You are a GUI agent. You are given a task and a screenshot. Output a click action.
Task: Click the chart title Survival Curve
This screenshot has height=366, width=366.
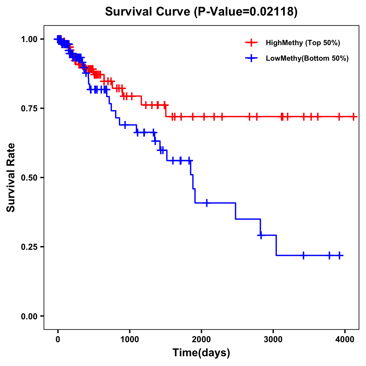pyautogui.click(x=201, y=12)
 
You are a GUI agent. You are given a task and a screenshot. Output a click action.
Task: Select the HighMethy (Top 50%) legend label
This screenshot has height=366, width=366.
pyautogui.click(x=303, y=43)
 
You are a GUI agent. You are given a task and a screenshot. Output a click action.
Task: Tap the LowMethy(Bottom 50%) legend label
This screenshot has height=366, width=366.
pyautogui.click(x=307, y=59)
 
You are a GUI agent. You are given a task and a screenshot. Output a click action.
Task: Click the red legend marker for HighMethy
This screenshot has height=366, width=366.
pyautogui.click(x=251, y=43)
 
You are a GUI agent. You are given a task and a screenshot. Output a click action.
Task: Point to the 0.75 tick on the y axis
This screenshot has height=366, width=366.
pyautogui.click(x=29, y=108)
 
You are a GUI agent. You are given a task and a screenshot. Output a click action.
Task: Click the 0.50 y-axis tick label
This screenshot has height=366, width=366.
pyautogui.click(x=29, y=178)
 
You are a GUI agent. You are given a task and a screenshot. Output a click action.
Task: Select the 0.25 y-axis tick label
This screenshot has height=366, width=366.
pyautogui.click(x=29, y=247)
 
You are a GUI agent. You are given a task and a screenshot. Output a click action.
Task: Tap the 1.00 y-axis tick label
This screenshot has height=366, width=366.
pyautogui.click(x=29, y=39)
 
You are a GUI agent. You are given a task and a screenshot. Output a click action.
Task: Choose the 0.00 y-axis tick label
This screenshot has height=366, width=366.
pyautogui.click(x=29, y=316)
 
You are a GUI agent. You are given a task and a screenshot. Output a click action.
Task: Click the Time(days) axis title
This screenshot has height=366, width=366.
pyautogui.click(x=201, y=353)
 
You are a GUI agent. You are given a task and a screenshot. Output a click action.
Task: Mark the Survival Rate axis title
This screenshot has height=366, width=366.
pyautogui.click(x=11, y=178)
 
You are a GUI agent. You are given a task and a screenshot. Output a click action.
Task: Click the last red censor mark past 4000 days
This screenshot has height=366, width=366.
pyautogui.click(x=353, y=117)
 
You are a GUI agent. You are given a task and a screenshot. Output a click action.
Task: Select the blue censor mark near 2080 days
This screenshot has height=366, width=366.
pyautogui.click(x=207, y=203)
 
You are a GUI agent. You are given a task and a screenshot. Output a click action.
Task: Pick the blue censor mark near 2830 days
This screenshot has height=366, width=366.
pyautogui.click(x=261, y=235)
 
